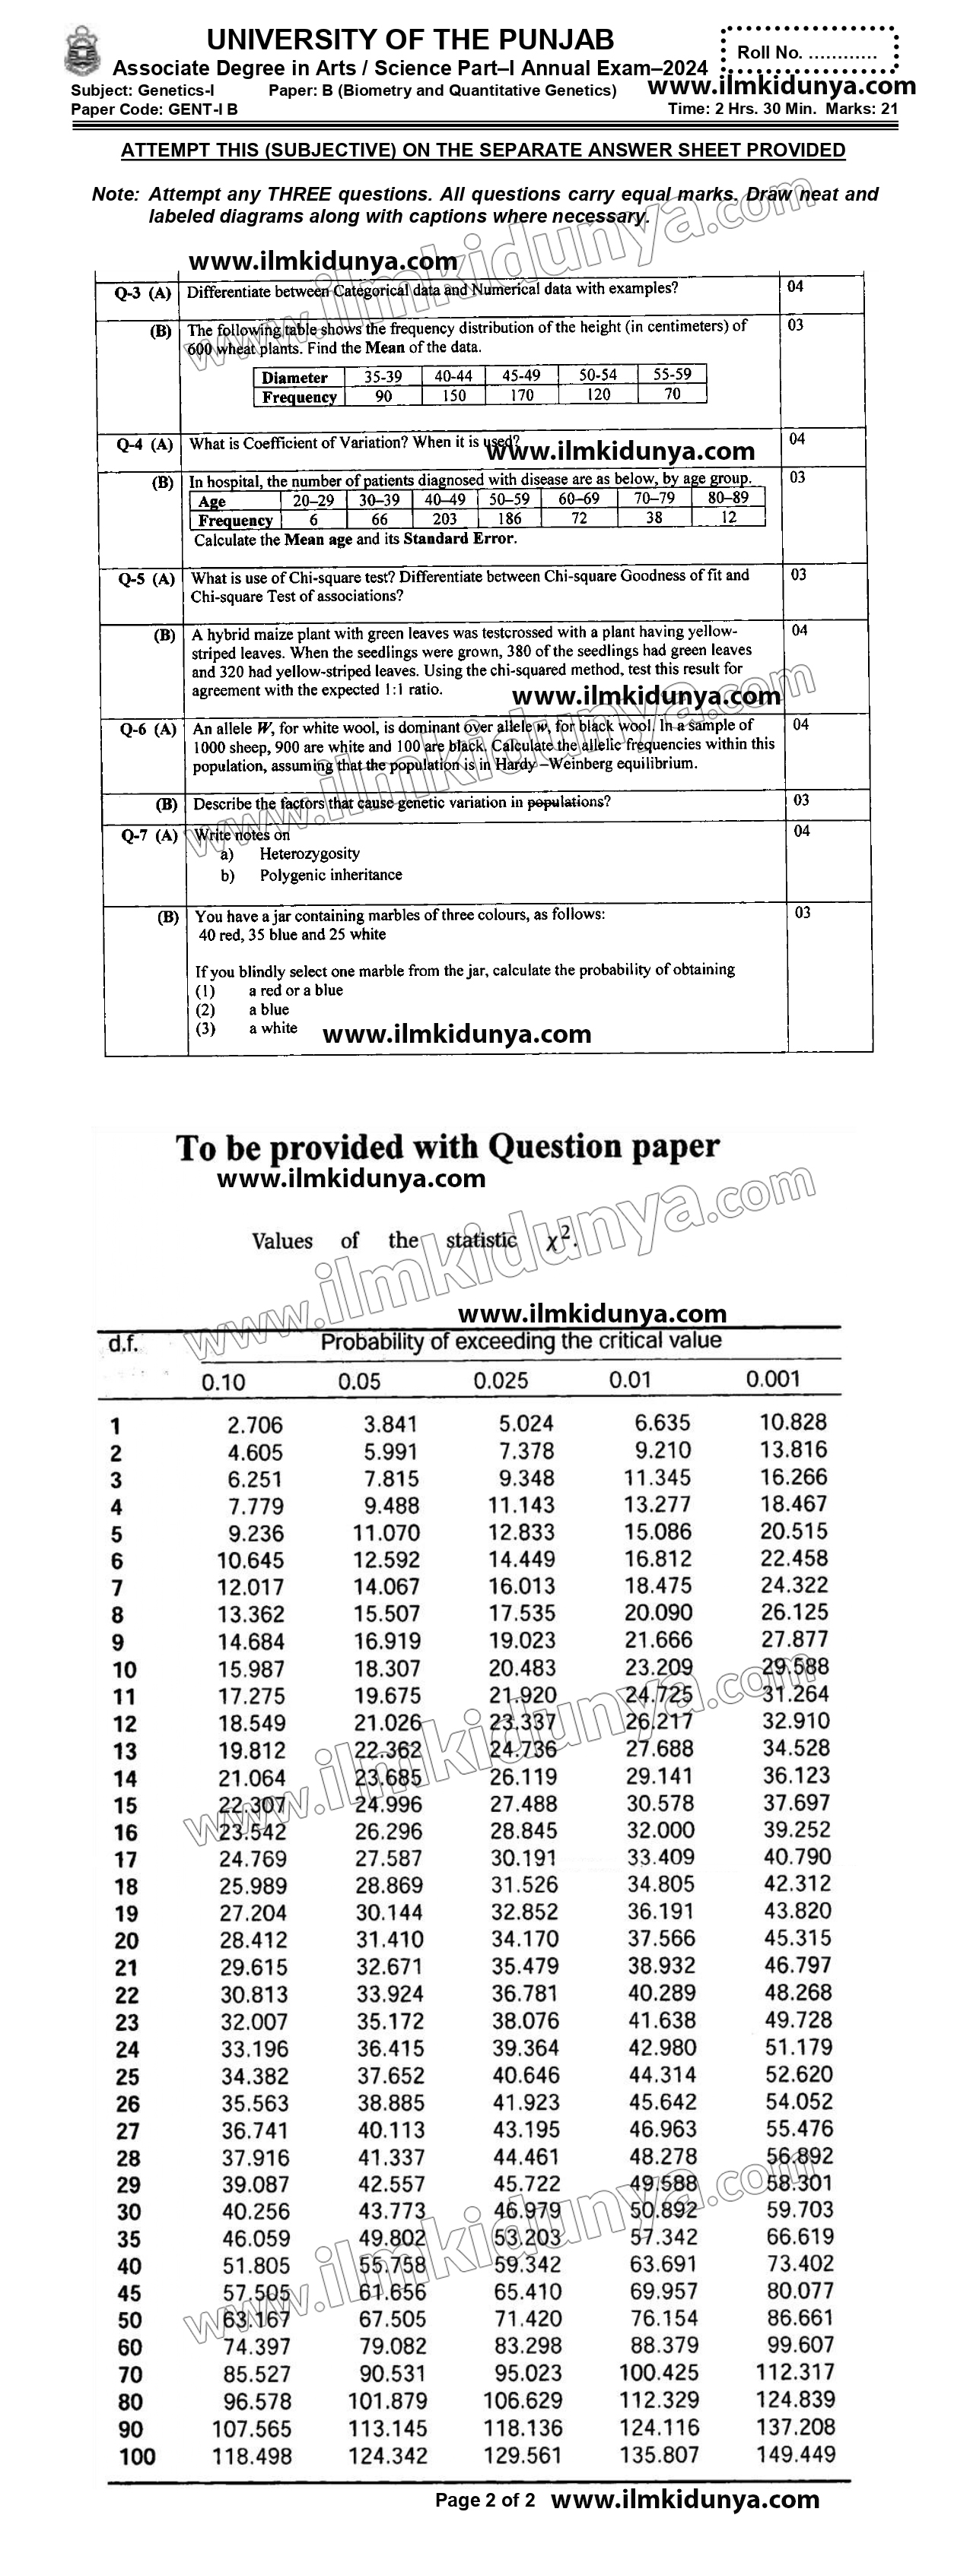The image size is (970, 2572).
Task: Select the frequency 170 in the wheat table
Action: point(521,395)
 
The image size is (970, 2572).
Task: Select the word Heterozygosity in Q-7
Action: point(310,854)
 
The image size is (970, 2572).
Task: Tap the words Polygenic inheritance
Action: point(331,875)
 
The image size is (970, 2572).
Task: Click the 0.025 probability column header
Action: point(500,1381)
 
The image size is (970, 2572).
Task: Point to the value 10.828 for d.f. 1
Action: point(793,1423)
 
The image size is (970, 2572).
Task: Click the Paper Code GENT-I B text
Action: point(155,109)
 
